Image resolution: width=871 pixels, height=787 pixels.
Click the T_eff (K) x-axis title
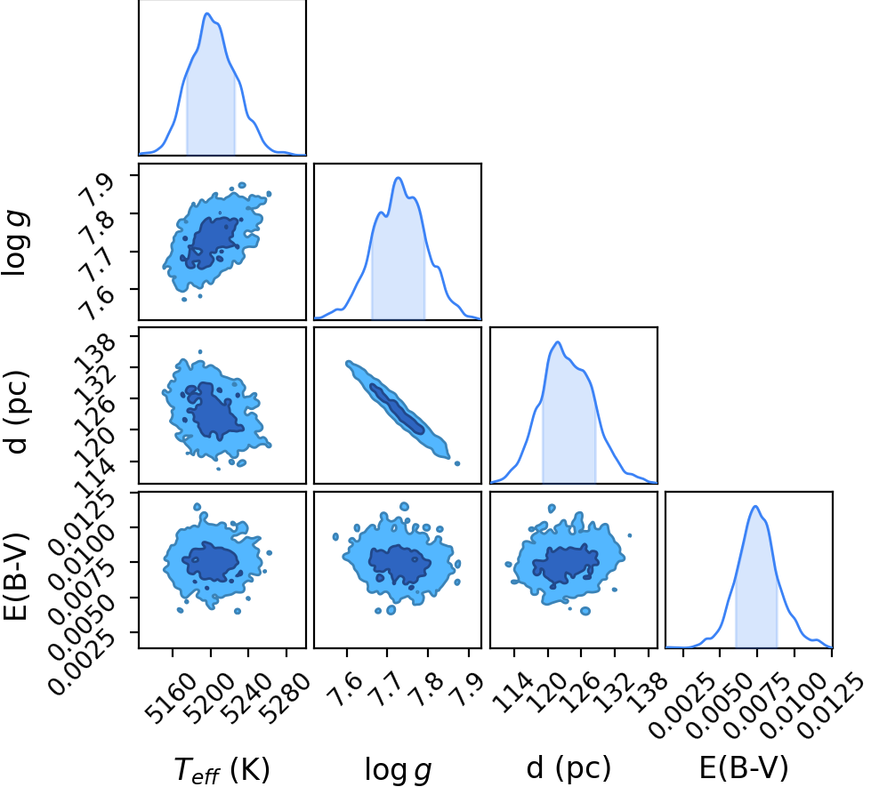coord(222,770)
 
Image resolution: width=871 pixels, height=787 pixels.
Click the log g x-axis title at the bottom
coord(398,770)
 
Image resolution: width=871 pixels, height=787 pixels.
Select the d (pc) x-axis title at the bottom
coord(569,768)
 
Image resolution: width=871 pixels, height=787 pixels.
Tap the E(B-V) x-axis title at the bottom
coord(744,768)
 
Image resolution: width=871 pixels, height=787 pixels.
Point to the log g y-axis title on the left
coord(15,244)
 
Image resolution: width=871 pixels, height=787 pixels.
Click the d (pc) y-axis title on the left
coord(16,411)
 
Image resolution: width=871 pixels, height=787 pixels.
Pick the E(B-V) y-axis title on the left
coord(16,575)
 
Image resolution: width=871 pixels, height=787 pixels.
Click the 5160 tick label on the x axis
coord(170,699)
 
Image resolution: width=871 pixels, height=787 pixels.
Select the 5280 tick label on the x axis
coord(284,699)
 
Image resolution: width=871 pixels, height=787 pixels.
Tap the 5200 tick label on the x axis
coord(208,699)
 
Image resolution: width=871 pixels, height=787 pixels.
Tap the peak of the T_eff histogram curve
coord(207,13)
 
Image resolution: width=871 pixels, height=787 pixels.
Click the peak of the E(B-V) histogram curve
coord(755,506)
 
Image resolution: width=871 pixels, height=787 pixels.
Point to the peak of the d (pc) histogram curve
coord(558,342)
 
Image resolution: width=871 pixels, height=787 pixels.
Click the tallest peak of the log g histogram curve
coord(398,178)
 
